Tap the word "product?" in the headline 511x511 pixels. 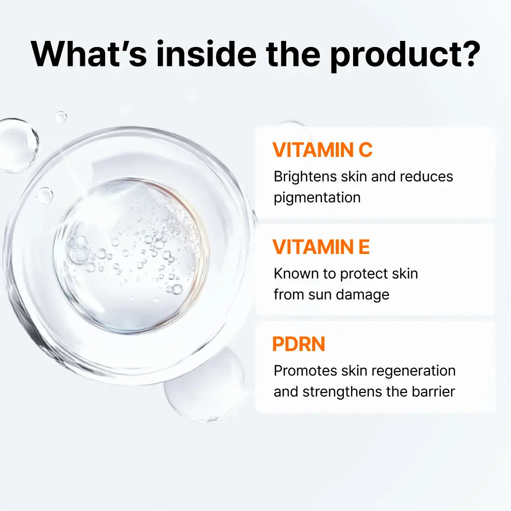pyautogui.click(x=404, y=54)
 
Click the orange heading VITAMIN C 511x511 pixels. pyautogui.click(x=322, y=150)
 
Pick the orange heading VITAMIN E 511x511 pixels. pyautogui.click(x=321, y=247)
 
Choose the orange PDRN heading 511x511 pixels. pyautogui.click(x=298, y=344)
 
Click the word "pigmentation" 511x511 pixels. pyautogui.click(x=317, y=198)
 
